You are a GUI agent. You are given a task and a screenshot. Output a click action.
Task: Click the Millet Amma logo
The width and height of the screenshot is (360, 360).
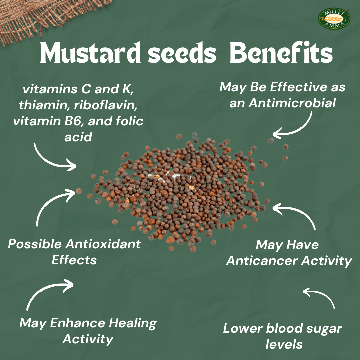(x=334, y=19)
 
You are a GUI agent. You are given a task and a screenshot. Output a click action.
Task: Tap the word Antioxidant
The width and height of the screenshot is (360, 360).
(x=103, y=244)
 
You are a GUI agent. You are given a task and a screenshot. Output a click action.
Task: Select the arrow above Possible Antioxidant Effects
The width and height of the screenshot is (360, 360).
(x=53, y=203)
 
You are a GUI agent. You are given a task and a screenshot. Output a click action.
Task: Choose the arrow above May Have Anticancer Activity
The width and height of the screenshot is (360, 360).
(x=297, y=215)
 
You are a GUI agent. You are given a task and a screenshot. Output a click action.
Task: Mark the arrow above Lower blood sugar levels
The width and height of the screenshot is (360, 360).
(x=320, y=297)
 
